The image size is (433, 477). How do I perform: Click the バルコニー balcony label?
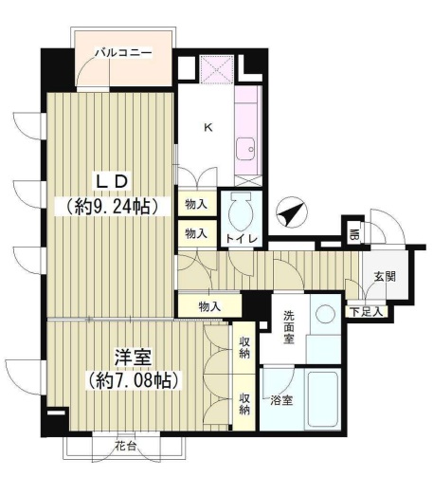(x=124, y=52)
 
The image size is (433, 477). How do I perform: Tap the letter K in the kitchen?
(x=208, y=127)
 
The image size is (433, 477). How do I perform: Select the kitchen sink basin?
(x=245, y=149)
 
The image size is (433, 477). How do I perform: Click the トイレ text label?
(x=242, y=239)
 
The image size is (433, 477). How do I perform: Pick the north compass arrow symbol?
(x=291, y=212)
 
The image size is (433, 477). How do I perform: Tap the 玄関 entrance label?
(x=385, y=277)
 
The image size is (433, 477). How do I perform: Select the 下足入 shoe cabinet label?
(x=367, y=312)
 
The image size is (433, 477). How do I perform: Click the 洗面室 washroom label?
(x=288, y=327)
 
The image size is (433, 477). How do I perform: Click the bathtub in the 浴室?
(x=323, y=398)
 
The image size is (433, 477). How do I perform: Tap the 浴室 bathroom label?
(x=281, y=400)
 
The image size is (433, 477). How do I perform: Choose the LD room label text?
(x=112, y=183)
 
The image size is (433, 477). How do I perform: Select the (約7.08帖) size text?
(x=134, y=380)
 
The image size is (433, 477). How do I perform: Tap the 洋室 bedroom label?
(x=134, y=358)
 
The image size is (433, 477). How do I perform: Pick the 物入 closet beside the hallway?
(x=209, y=306)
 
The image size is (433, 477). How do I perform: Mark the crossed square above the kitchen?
(x=218, y=68)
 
